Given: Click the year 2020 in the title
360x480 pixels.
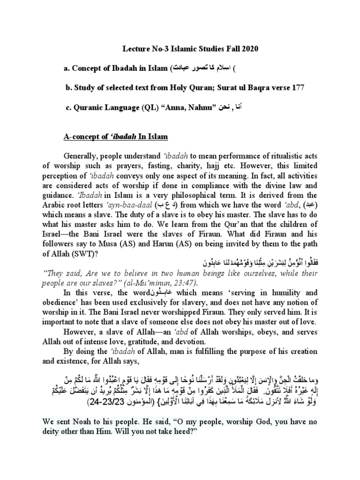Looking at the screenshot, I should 249,48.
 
